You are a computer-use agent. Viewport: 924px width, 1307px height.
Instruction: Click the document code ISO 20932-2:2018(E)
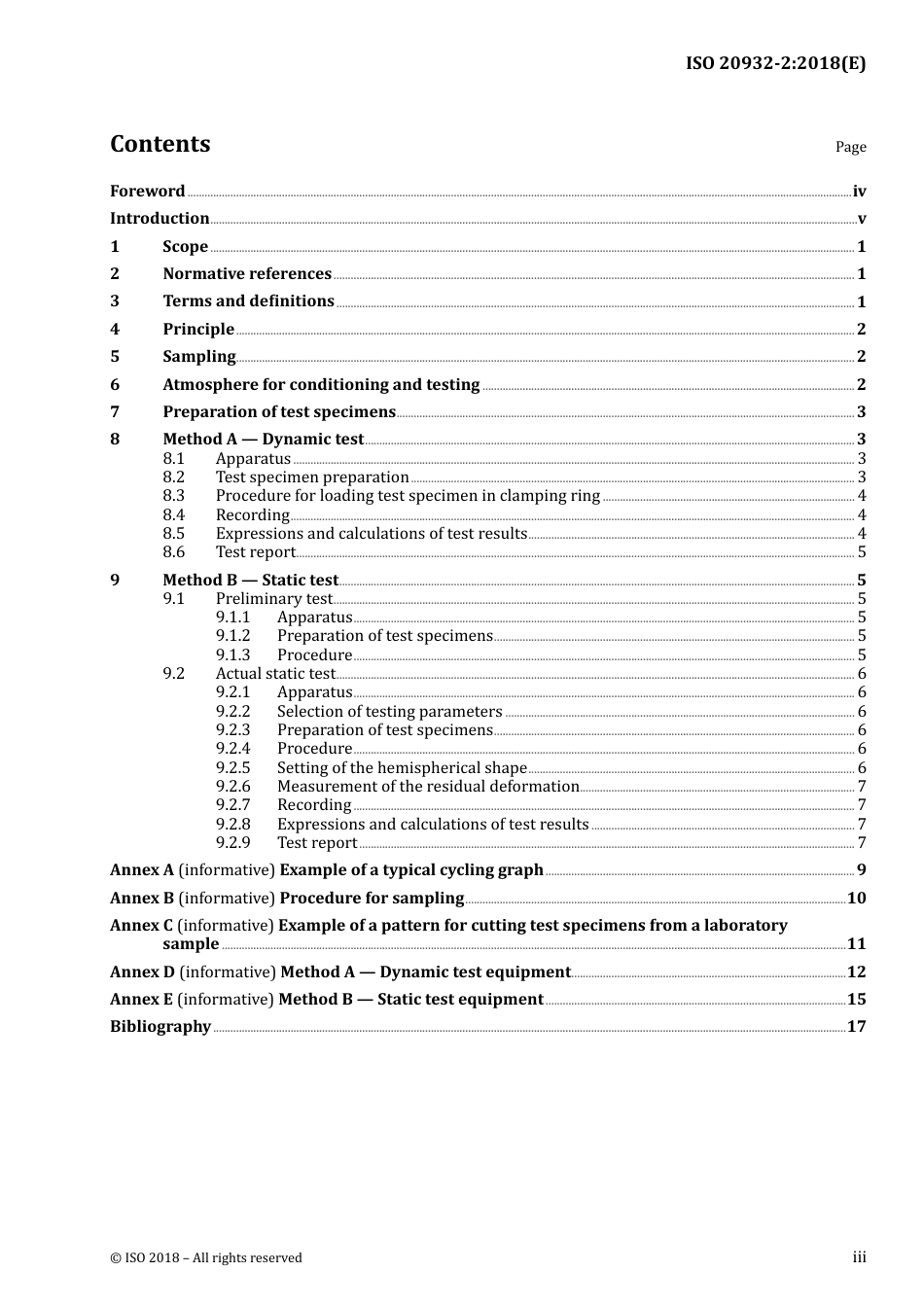(775, 63)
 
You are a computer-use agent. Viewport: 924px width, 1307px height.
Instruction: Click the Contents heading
(160, 144)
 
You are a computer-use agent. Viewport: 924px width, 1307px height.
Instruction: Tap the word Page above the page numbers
(850, 147)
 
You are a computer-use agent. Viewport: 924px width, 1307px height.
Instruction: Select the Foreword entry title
(147, 192)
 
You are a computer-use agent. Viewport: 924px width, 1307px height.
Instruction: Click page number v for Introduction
(861, 219)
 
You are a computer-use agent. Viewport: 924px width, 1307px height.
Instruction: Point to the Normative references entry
(247, 274)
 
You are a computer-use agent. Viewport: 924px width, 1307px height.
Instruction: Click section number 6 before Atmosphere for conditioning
(115, 385)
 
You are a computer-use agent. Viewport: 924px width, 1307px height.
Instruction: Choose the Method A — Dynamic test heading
(263, 440)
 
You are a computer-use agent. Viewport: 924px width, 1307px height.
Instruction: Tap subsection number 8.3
(173, 496)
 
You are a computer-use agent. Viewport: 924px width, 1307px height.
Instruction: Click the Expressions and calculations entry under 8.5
(371, 534)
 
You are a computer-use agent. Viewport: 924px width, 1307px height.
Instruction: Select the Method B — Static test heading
(250, 581)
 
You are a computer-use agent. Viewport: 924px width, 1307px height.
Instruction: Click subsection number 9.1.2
(232, 636)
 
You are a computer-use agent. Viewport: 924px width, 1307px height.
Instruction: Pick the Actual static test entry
(275, 674)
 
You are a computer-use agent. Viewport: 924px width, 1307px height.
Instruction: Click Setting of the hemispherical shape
(402, 768)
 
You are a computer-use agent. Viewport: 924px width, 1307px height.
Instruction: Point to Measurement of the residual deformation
(428, 787)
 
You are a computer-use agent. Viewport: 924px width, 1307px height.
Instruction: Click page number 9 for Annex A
(861, 870)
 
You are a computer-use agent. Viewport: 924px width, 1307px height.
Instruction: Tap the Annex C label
(141, 926)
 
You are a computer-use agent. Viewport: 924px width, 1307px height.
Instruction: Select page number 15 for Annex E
(856, 1000)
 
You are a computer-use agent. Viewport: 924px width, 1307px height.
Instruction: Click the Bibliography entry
(160, 1027)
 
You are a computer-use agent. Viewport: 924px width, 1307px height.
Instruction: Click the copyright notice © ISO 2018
(205, 1258)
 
